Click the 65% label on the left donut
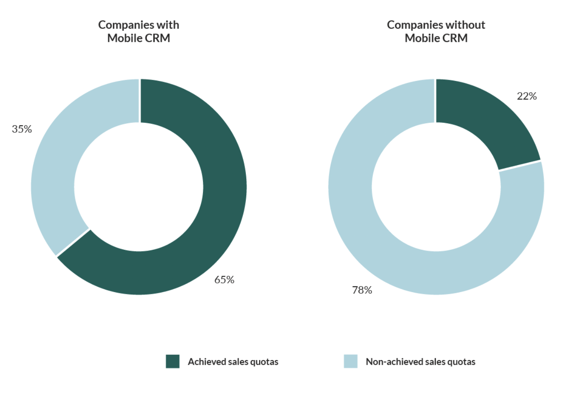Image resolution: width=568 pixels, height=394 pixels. tap(224, 280)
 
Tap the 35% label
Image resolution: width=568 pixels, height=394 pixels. tap(22, 129)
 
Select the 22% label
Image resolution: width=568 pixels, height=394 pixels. tap(526, 96)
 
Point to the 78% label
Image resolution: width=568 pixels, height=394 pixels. tap(362, 290)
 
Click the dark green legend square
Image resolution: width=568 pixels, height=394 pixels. tap(172, 361)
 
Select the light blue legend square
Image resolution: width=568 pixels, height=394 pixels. tap(350, 361)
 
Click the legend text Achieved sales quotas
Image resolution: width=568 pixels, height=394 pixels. tap(233, 362)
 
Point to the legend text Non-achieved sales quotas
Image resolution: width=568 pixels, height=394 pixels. tap(420, 362)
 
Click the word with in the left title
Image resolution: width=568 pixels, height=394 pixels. tap(168, 25)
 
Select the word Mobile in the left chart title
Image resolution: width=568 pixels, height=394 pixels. tap(125, 38)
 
